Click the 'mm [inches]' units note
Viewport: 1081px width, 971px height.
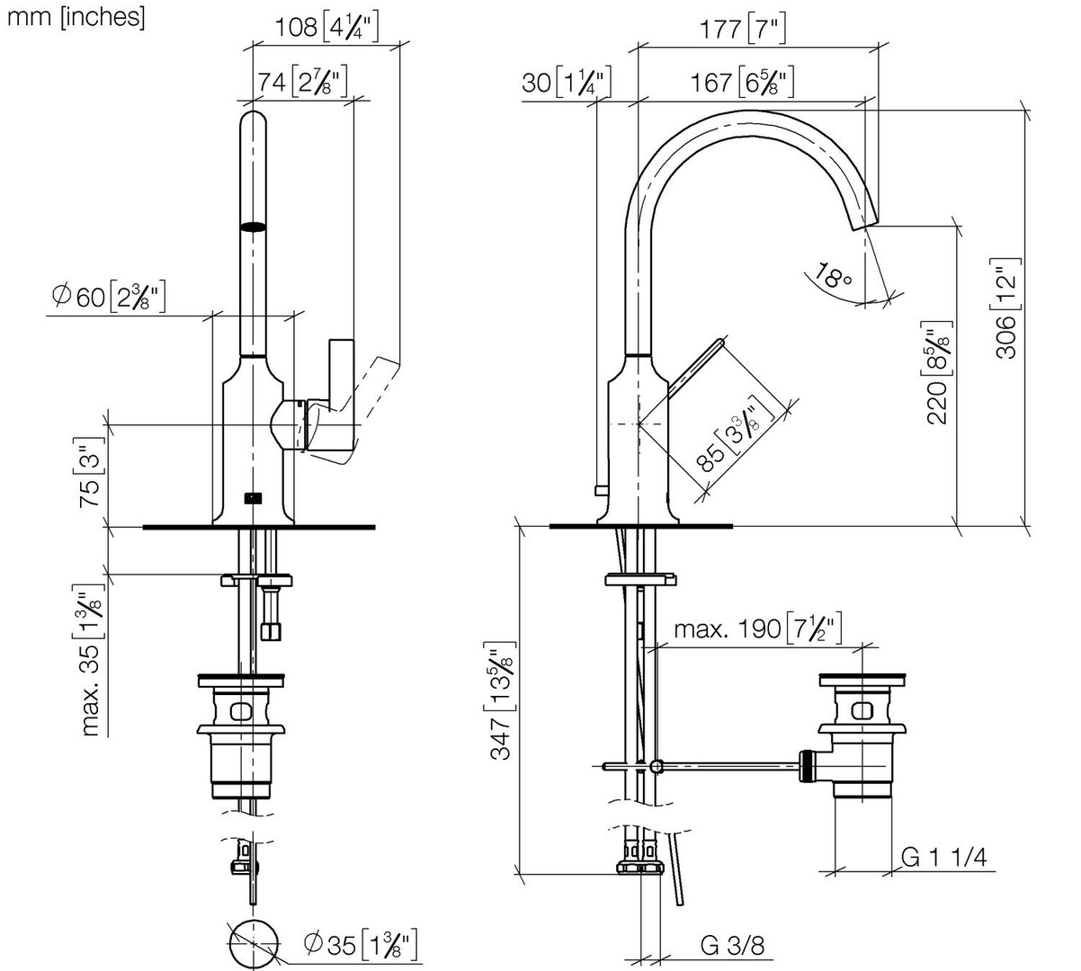point(76,18)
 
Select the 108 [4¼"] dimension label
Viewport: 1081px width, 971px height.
point(326,27)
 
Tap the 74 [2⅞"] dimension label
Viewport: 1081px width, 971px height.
point(302,82)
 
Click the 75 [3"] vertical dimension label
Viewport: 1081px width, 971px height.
point(90,473)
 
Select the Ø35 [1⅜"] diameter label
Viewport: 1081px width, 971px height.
point(360,944)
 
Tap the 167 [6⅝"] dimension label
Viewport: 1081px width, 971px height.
point(742,82)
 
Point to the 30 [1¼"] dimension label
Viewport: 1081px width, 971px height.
point(566,82)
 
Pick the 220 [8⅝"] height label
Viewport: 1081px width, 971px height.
point(937,372)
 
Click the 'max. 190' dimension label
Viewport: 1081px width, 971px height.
point(757,628)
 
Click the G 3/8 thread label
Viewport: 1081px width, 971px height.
point(732,945)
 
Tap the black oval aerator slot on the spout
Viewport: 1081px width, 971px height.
point(253,227)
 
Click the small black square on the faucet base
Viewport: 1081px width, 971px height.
point(253,497)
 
